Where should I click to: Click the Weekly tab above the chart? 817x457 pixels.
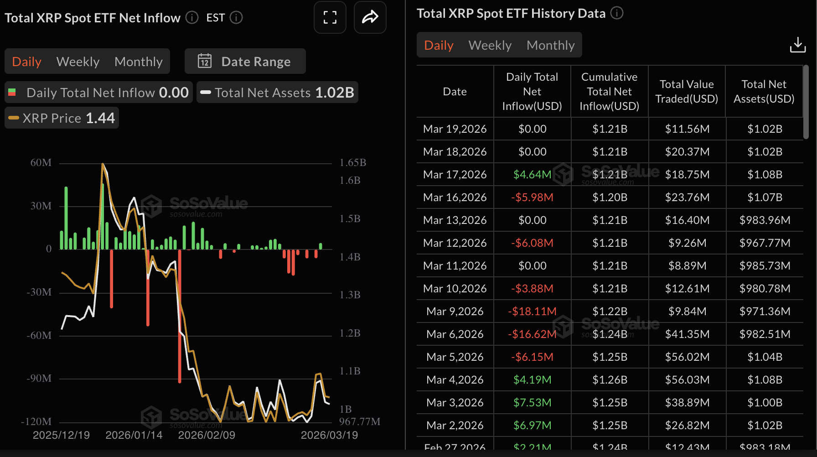click(78, 62)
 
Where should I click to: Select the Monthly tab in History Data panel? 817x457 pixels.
click(550, 45)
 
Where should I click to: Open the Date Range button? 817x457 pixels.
click(245, 62)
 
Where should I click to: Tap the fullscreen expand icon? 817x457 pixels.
click(330, 17)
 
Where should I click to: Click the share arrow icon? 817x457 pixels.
click(370, 17)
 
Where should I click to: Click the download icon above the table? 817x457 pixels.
click(797, 45)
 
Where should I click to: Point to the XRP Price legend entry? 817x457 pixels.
click(62, 118)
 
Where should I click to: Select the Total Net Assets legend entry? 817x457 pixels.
click(277, 93)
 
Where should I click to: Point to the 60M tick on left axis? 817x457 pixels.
click(41, 163)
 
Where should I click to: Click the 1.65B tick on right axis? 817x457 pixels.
click(353, 163)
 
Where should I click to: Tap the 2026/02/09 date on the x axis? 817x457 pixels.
click(207, 435)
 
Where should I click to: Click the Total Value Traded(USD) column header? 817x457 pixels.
click(687, 92)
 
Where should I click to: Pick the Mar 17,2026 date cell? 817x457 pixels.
click(455, 175)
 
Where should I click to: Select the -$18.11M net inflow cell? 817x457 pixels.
click(532, 312)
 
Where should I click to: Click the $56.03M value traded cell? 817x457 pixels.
click(687, 380)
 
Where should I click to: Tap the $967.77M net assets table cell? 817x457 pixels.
click(765, 243)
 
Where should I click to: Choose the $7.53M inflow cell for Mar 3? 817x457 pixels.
click(532, 403)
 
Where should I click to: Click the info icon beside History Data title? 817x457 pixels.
click(617, 13)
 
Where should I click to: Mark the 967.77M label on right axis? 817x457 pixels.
click(359, 421)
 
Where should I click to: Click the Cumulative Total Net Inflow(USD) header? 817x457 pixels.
click(609, 92)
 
